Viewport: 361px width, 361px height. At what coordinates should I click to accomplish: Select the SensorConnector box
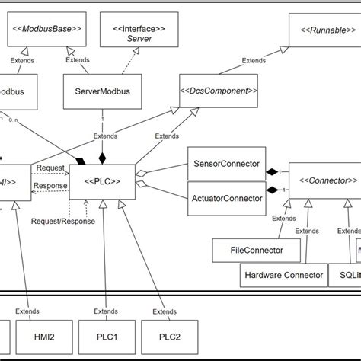[225, 164]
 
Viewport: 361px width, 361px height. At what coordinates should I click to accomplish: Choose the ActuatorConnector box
[225, 199]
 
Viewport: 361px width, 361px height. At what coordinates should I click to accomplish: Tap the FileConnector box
[246, 248]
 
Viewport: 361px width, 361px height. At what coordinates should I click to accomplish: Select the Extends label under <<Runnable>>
[254, 60]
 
